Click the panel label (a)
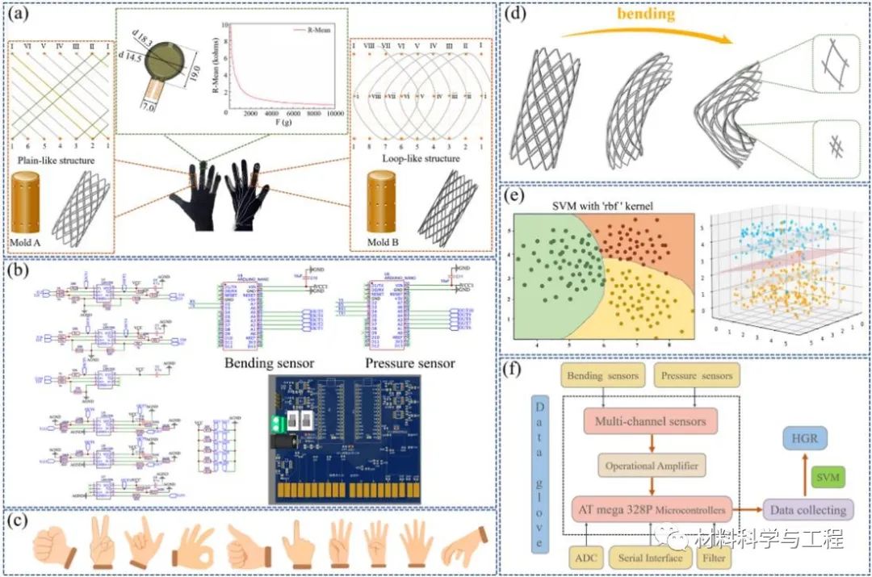point(19,13)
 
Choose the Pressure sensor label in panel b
point(410,362)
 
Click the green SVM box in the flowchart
point(828,478)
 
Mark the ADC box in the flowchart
point(585,558)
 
